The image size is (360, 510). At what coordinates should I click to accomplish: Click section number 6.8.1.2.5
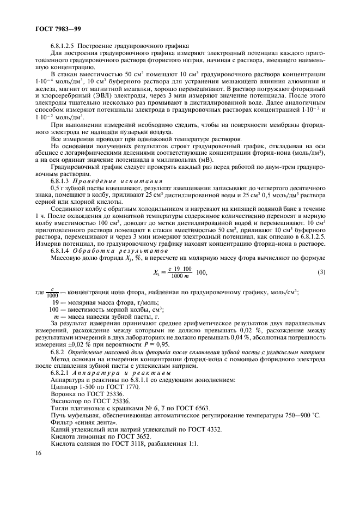[66, 45]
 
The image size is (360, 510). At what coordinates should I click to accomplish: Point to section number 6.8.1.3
[63, 179]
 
